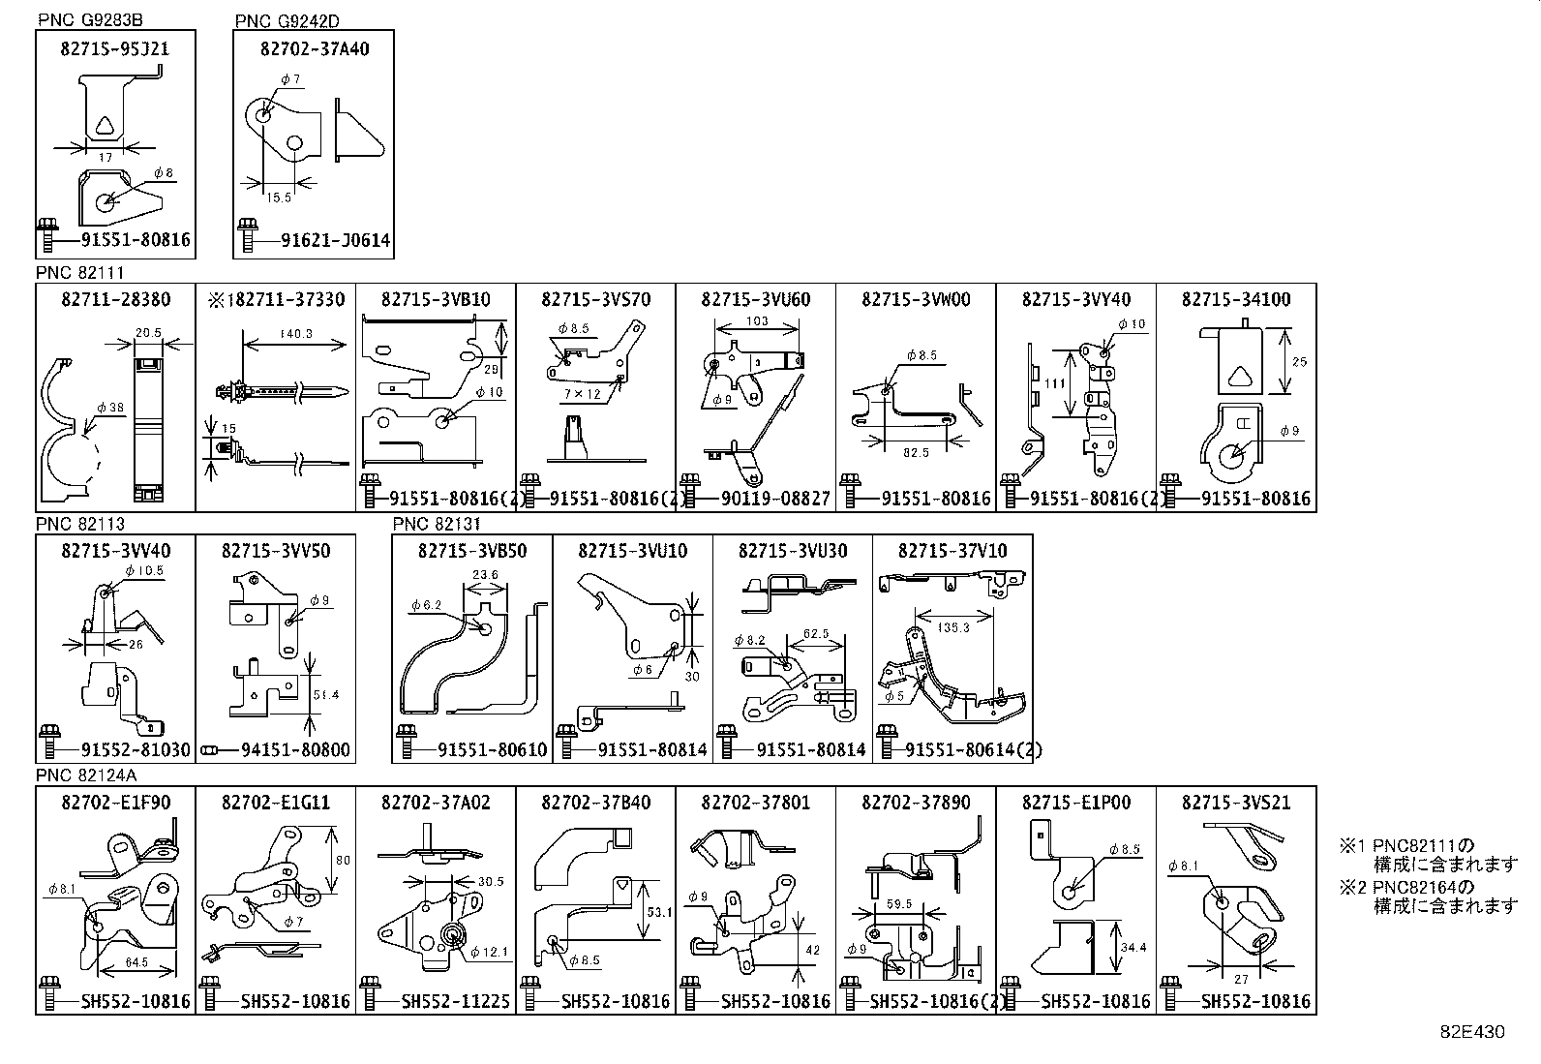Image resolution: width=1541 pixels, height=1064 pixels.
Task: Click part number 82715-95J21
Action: click(115, 48)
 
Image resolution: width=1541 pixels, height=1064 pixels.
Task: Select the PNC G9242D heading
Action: click(287, 20)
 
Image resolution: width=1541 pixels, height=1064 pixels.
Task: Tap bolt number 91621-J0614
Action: click(329, 240)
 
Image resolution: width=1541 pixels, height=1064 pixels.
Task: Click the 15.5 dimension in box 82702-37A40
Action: click(277, 198)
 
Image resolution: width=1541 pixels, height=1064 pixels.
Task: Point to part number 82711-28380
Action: click(115, 299)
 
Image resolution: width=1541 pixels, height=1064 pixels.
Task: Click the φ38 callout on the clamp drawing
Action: click(109, 408)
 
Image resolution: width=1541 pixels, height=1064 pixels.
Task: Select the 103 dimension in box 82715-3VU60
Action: click(757, 321)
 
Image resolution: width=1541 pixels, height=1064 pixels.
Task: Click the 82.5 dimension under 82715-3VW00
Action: click(916, 451)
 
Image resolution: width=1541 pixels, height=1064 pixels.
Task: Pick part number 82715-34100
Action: click(1236, 299)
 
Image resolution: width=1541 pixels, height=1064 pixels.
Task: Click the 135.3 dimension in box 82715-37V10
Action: click(952, 628)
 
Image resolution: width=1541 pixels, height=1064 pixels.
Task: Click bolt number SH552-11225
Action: click(455, 1001)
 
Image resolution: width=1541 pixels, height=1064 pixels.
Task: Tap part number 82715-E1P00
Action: click(1075, 803)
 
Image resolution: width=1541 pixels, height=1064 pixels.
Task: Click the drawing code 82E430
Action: click(1472, 1032)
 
